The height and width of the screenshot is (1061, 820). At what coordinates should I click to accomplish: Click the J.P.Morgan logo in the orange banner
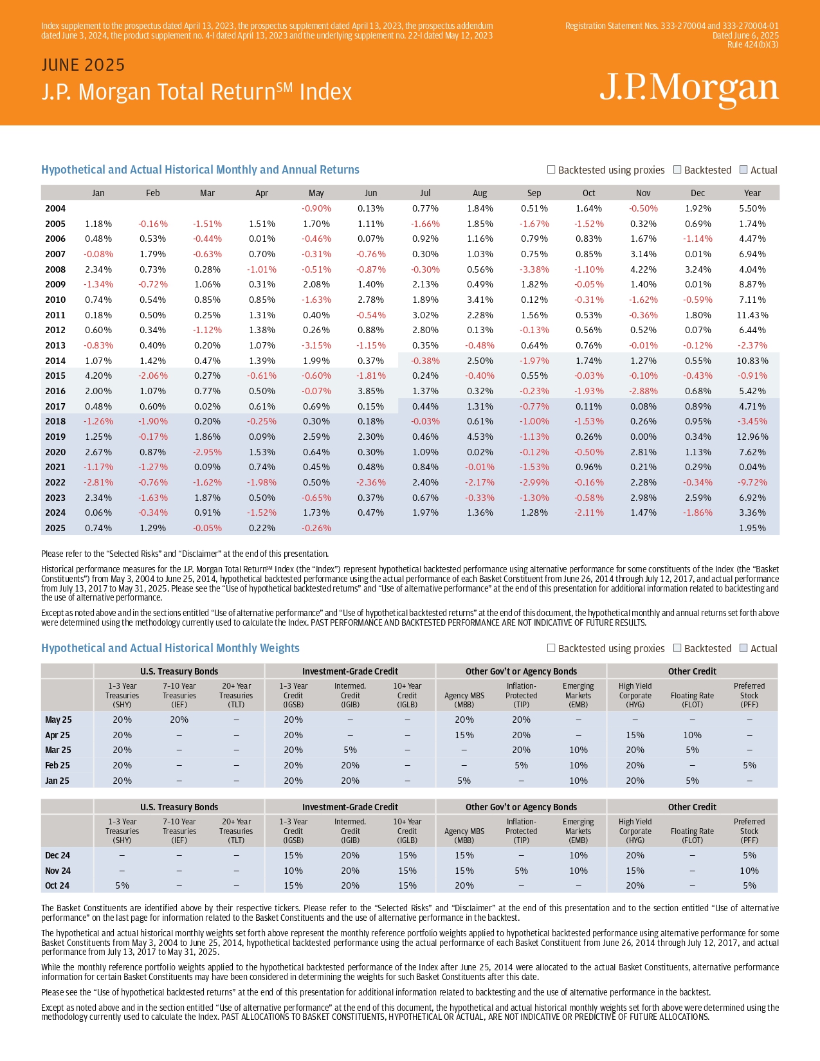689,89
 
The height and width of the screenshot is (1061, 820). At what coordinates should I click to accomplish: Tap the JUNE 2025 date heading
83,65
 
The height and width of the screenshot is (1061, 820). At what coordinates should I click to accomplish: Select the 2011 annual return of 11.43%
752,315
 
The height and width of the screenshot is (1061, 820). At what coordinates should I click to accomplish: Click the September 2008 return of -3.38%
534,269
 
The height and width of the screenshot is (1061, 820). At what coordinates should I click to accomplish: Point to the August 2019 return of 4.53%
480,437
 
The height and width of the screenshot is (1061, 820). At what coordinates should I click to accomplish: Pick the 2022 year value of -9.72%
752,482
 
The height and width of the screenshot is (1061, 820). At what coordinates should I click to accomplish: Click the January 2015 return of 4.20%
98,376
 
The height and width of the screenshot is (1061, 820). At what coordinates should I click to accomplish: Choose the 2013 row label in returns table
55,345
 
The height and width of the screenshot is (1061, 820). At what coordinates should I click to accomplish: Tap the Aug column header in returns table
480,193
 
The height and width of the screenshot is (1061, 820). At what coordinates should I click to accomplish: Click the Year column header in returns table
752,193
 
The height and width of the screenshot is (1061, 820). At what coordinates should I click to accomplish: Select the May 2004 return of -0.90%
316,208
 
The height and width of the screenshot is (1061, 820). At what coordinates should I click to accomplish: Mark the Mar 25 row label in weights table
58,750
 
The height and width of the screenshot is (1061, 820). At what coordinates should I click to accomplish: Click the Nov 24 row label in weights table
58,870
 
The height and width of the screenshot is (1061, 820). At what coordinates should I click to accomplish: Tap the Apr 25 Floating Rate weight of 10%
692,735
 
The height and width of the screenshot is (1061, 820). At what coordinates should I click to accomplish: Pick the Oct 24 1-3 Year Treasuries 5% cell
122,885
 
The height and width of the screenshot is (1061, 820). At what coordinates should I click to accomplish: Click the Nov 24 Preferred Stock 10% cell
749,870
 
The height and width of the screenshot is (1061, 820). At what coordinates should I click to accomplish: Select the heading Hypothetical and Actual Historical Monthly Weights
170,648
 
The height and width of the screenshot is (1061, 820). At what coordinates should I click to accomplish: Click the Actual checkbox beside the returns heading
743,169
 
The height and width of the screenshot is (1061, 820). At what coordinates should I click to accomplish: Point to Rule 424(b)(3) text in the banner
752,44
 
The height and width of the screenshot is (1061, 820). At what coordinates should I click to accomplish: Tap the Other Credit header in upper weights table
692,671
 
